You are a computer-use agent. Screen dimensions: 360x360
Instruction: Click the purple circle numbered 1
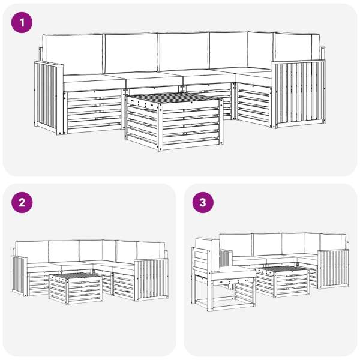(x=22, y=23)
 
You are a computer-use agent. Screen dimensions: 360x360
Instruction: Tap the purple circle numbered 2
(x=22, y=203)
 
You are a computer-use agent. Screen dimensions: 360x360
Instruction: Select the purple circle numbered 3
(x=203, y=203)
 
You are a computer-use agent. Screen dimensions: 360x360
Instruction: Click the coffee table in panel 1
(x=174, y=122)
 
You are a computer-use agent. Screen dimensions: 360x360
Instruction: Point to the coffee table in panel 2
(x=75, y=289)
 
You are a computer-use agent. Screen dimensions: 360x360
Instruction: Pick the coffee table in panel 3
(x=283, y=281)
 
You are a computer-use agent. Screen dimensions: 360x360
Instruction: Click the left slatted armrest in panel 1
(x=49, y=98)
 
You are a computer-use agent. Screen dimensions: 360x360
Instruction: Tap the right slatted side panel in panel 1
(x=298, y=94)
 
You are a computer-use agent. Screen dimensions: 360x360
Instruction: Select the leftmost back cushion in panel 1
(x=73, y=54)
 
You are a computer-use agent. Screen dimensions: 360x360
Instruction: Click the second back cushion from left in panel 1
(x=131, y=53)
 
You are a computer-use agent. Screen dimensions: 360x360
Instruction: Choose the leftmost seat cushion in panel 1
(x=94, y=83)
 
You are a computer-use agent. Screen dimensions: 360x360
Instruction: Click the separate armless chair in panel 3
(x=223, y=274)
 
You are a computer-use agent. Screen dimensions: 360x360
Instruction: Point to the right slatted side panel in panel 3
(x=334, y=269)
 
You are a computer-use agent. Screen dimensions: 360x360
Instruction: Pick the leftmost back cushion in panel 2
(x=32, y=252)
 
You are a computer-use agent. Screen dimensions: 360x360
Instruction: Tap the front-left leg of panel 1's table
(x=160, y=127)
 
